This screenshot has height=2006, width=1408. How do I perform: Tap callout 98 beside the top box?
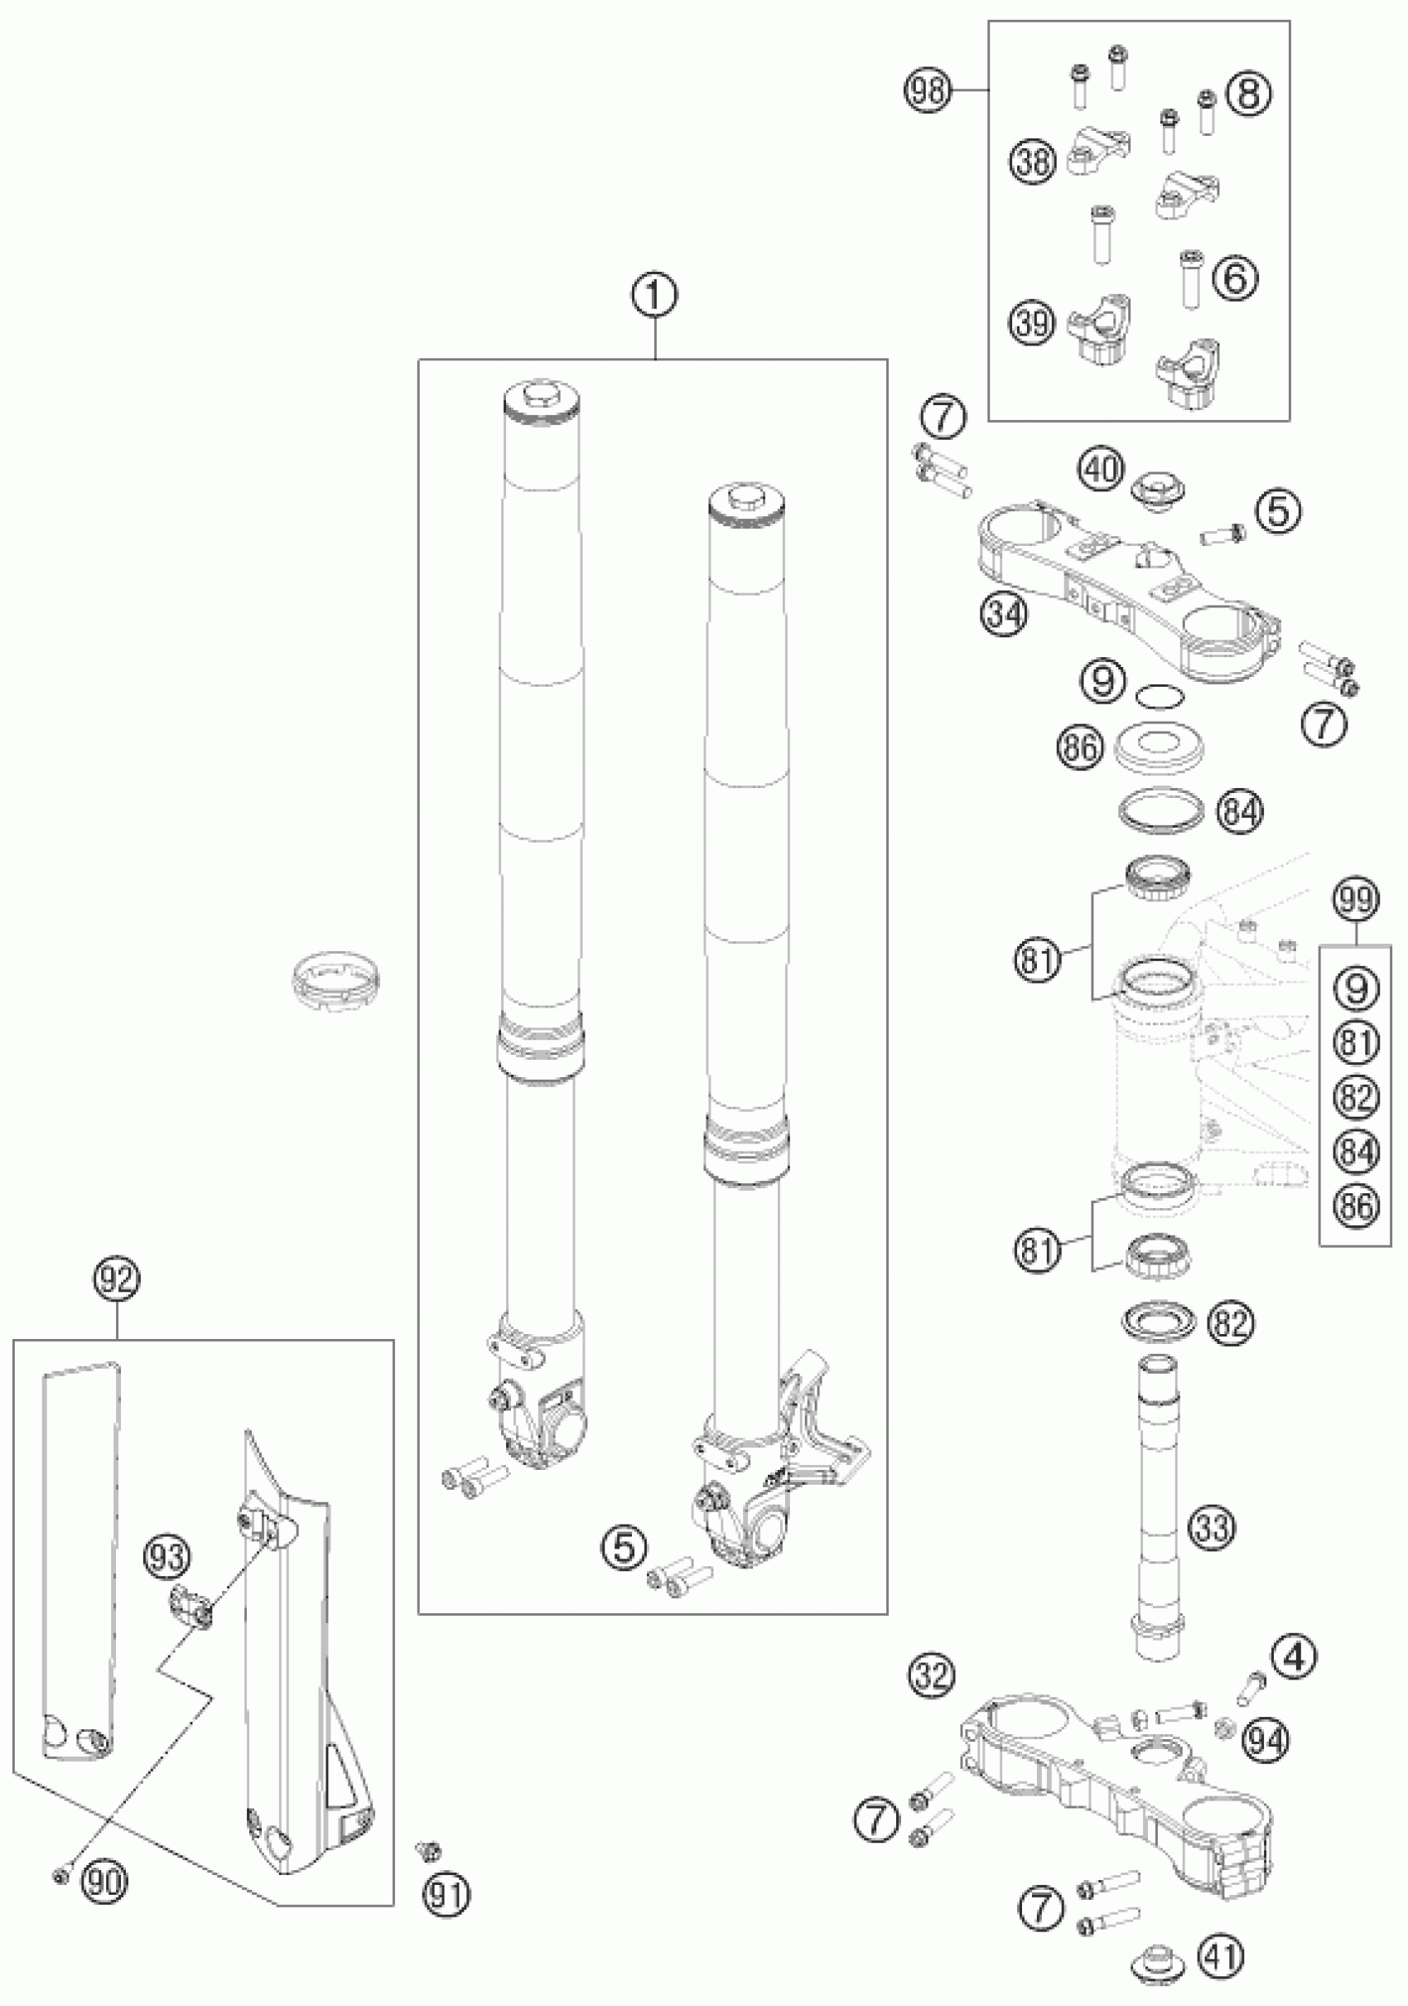point(928,90)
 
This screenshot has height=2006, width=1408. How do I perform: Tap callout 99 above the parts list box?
point(1356,899)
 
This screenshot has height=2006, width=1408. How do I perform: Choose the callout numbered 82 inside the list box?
point(1356,1096)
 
